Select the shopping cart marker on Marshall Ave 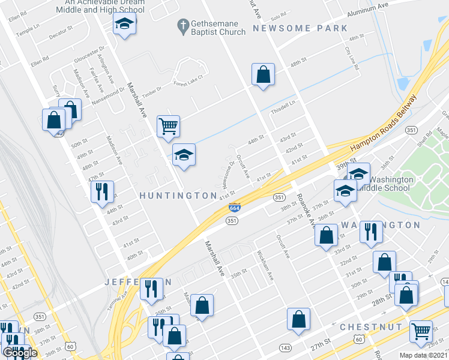(x=169, y=126)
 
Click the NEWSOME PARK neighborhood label (x=300, y=28)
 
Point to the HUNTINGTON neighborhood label (x=178, y=196)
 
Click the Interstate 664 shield (x=235, y=208)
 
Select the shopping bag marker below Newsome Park (x=263, y=75)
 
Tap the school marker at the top (x=124, y=24)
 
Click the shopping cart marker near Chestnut (x=421, y=330)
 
